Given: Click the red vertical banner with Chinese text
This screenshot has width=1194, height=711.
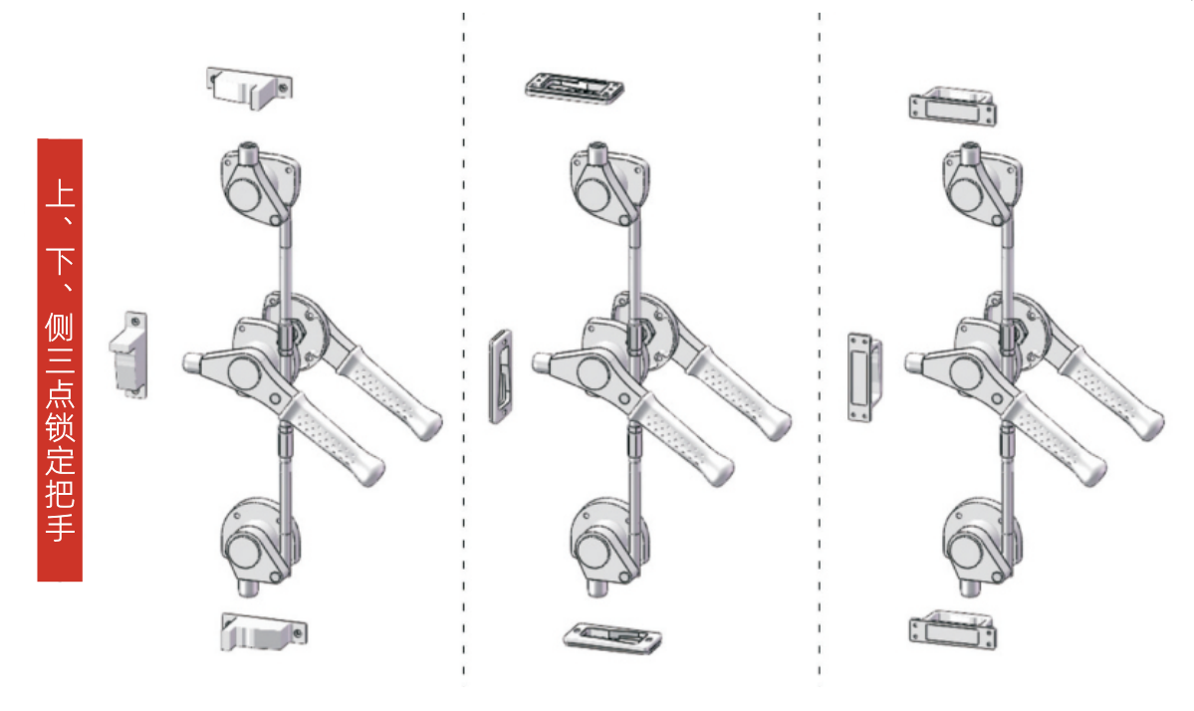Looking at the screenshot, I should [60, 358].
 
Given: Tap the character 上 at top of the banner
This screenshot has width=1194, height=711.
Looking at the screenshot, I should [60, 191].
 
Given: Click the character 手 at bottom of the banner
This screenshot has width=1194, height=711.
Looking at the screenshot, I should [60, 525].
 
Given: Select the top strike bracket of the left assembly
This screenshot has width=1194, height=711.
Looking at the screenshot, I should [249, 87].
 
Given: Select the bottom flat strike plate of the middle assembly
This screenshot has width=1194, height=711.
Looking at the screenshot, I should [612, 637].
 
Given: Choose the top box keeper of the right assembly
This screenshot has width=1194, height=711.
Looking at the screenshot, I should [953, 106].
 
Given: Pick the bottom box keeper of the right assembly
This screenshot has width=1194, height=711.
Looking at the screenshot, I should [953, 627].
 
